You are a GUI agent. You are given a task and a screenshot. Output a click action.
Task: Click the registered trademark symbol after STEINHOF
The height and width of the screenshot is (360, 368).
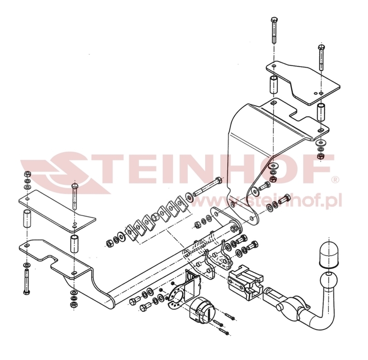335,178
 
